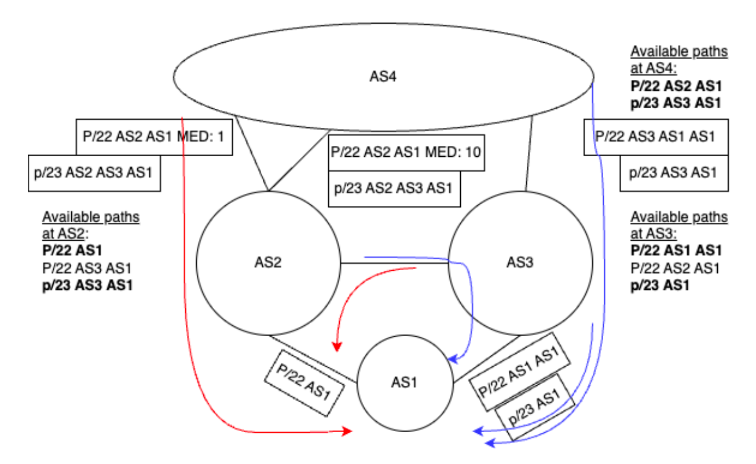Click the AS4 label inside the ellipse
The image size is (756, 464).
383,76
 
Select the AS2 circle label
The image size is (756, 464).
268,262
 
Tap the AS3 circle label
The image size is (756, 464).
520,262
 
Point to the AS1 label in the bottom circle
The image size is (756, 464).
403,382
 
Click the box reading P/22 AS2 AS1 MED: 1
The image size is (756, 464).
154,137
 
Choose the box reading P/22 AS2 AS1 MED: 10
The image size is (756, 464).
406,153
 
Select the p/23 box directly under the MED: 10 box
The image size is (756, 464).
394,188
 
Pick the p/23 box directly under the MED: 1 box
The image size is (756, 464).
94,172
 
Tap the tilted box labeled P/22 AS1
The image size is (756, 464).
302,383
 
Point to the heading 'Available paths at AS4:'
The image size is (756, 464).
678,58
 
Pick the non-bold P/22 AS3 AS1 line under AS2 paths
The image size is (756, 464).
87,268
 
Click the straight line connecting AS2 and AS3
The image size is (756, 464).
394,264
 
